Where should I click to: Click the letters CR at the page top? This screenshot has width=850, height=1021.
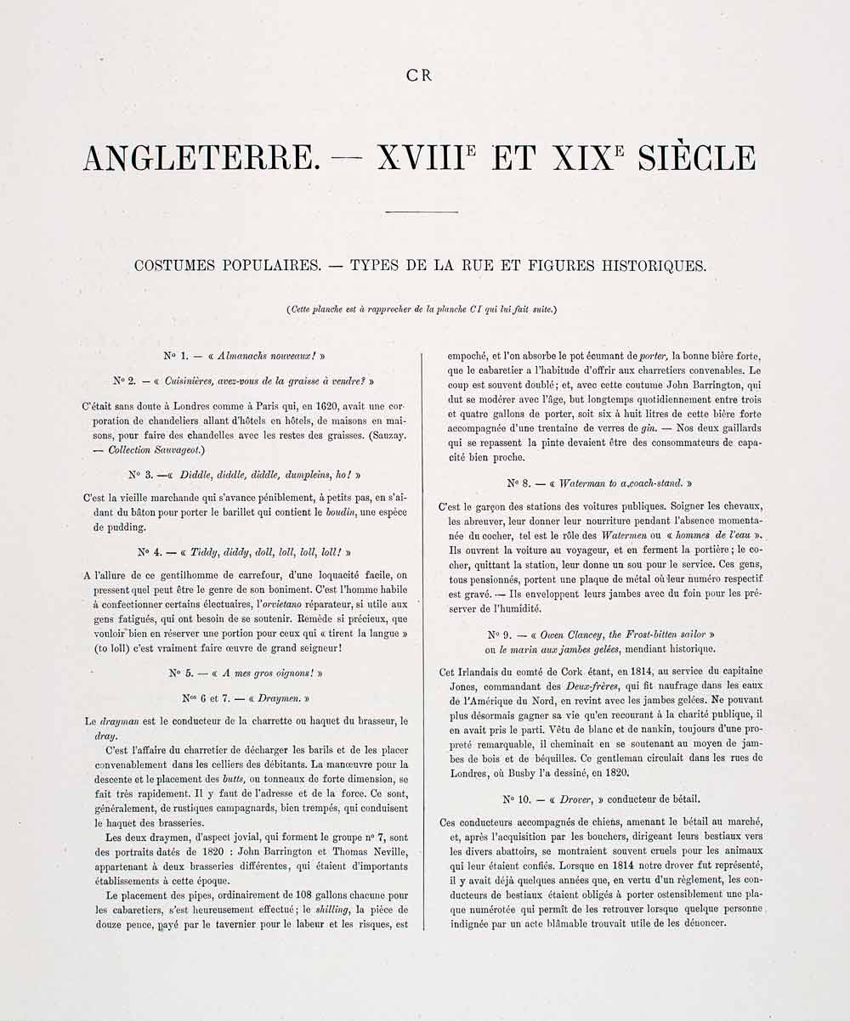(x=420, y=75)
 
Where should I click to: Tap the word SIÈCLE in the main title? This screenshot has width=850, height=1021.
(x=696, y=158)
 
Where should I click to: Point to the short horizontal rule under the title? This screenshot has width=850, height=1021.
(x=422, y=212)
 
